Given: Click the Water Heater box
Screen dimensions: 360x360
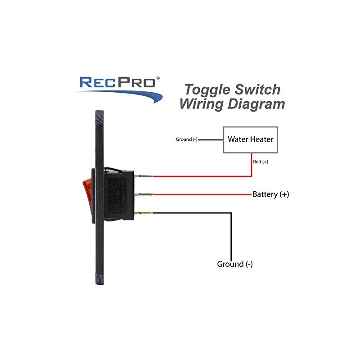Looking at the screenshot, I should coord(251,139).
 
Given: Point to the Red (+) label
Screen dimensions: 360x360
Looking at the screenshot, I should coord(261,162).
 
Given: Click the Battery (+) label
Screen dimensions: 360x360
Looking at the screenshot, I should coord(270,194).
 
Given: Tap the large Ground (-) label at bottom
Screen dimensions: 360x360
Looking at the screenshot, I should coord(235,264).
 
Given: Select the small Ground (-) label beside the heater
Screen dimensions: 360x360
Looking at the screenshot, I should coord(186,139).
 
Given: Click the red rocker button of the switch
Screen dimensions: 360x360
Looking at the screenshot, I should coord(86,193).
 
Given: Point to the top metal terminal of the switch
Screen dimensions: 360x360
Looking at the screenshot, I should coord(145,176).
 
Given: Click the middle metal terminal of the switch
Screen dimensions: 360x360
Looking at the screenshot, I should coord(145,194).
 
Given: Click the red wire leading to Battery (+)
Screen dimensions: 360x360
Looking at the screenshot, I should coord(202,194).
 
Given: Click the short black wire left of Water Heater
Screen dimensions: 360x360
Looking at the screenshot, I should coord(211,139).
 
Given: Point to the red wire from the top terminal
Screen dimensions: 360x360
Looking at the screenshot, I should coord(202,176).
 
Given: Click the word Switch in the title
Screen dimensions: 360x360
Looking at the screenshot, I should coord(259,89).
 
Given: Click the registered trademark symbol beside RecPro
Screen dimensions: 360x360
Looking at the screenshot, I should coord(157,77).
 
